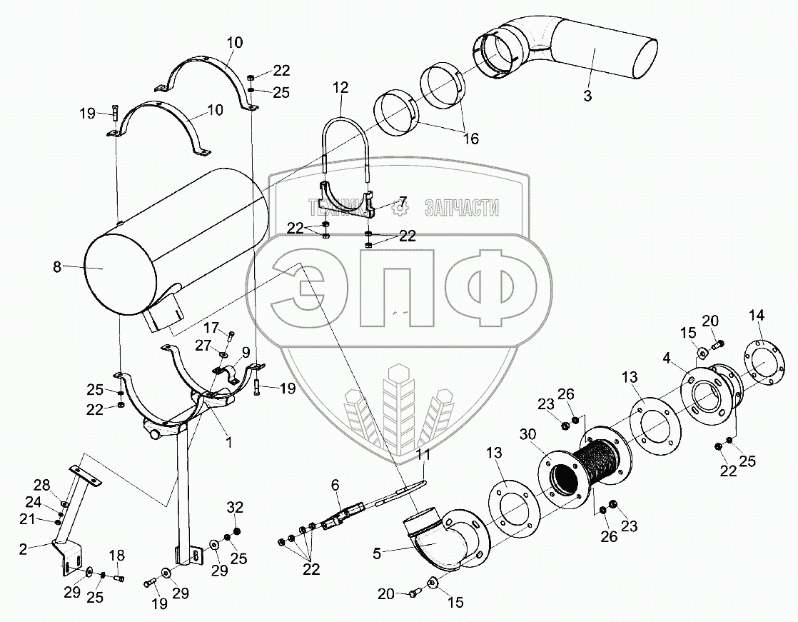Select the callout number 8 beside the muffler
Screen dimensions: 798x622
tap(57, 267)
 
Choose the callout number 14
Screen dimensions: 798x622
tap(756, 315)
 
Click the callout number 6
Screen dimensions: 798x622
tap(334, 484)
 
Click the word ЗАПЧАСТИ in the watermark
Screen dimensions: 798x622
tap(461, 209)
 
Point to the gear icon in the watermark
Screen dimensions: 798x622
tap(400, 208)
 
